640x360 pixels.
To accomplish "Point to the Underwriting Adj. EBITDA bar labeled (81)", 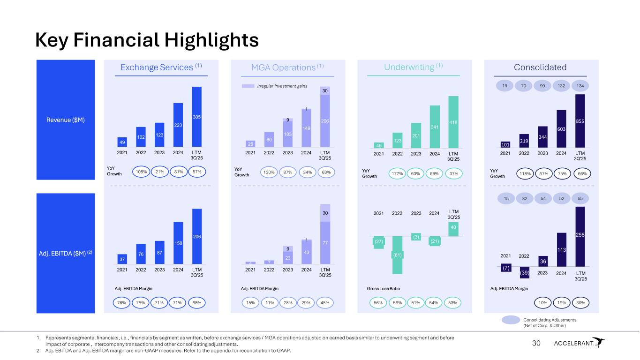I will (x=397, y=255).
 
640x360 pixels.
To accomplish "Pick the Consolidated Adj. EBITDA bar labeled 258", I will (x=580, y=234).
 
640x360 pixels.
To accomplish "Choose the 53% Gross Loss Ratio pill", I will (x=453, y=303).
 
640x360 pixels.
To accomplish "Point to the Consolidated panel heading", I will (x=540, y=67).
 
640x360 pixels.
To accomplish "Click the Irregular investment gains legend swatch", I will (x=248, y=86).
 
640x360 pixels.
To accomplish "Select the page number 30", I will (x=536, y=344).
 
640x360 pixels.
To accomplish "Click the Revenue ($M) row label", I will (x=66, y=120).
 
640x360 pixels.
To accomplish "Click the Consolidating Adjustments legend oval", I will (x=510, y=320).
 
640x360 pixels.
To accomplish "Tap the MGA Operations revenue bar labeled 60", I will (x=269, y=139).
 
